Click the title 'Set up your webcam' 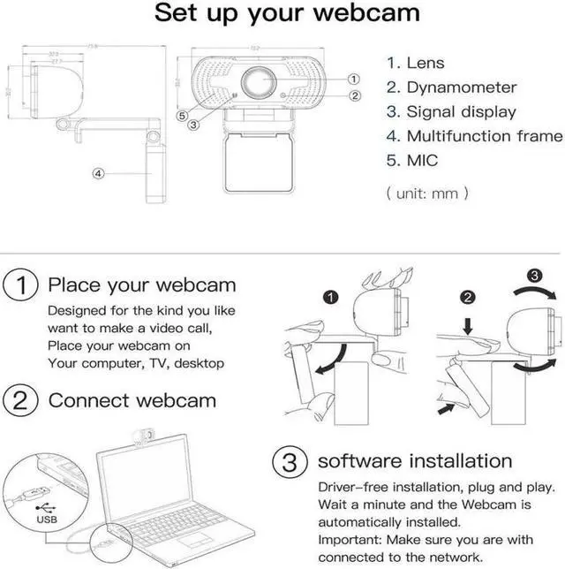[287, 15]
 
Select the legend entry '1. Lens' [414, 63]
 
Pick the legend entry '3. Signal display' [451, 112]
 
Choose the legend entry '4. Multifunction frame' [474, 136]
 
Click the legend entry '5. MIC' [411, 161]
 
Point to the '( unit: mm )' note [427, 193]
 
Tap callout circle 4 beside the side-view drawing [99, 174]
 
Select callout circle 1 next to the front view [354, 79]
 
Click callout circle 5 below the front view [181, 115]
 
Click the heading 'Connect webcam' [132, 400]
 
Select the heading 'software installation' [414, 460]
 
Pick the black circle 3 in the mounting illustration [533, 274]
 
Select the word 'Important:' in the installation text [351, 540]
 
